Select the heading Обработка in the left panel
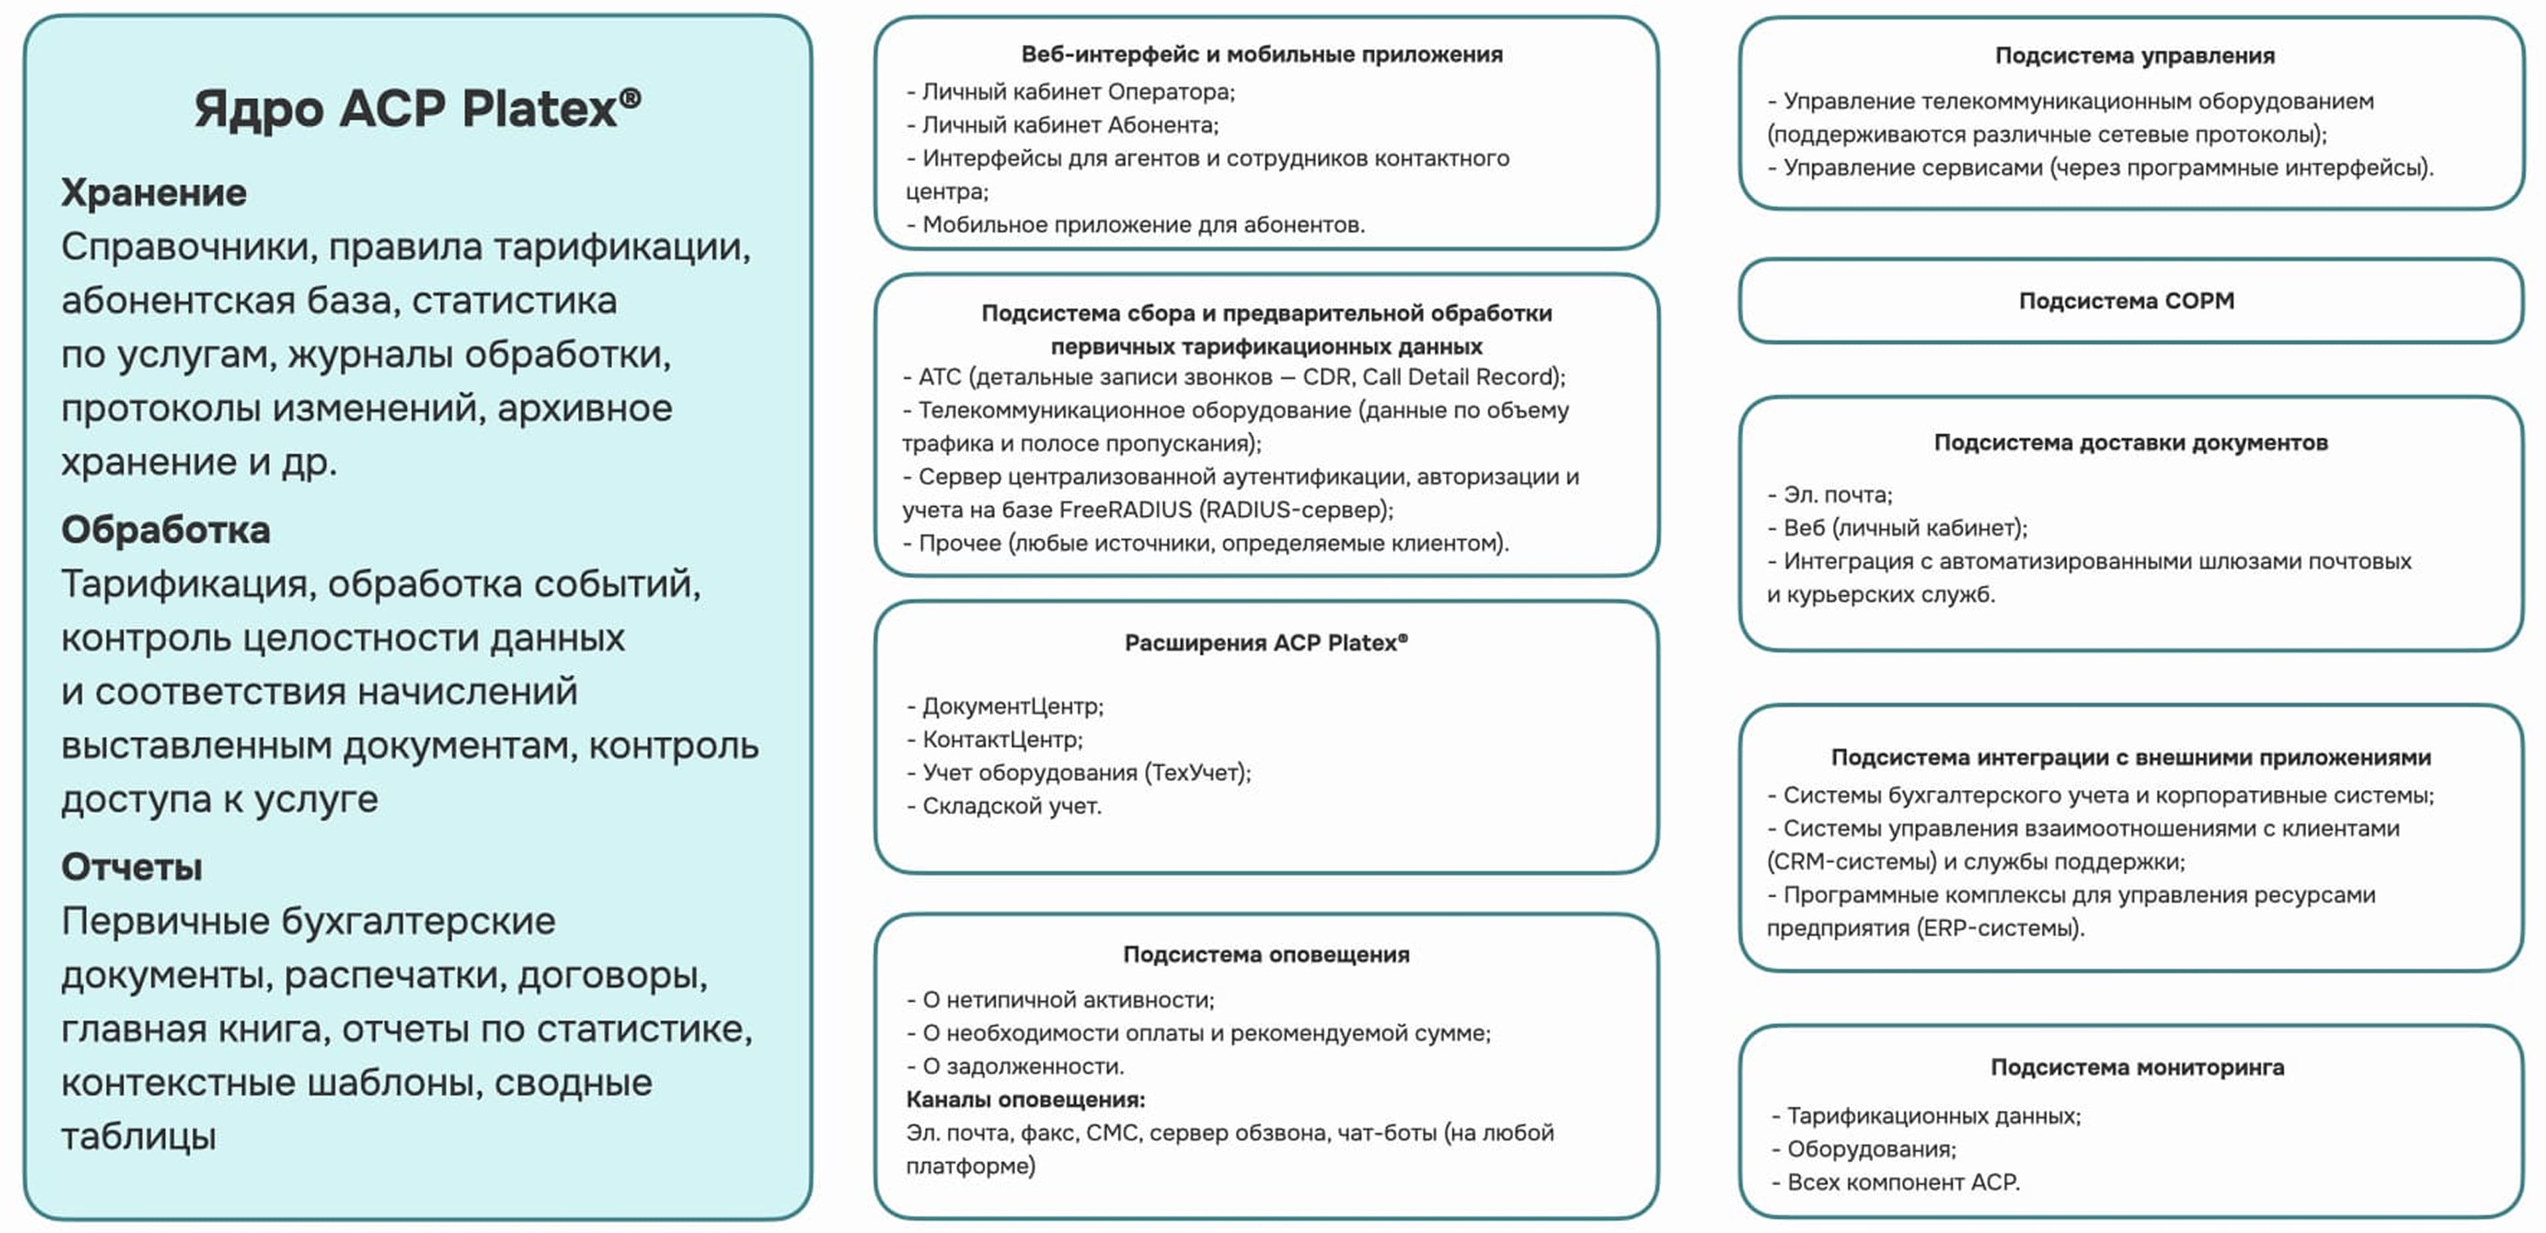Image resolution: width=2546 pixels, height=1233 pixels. tap(165, 530)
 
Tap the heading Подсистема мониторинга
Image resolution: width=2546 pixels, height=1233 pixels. tap(2137, 1067)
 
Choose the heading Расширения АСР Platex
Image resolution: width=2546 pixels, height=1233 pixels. tap(1265, 643)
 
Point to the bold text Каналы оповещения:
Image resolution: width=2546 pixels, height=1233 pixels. tap(1025, 1100)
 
